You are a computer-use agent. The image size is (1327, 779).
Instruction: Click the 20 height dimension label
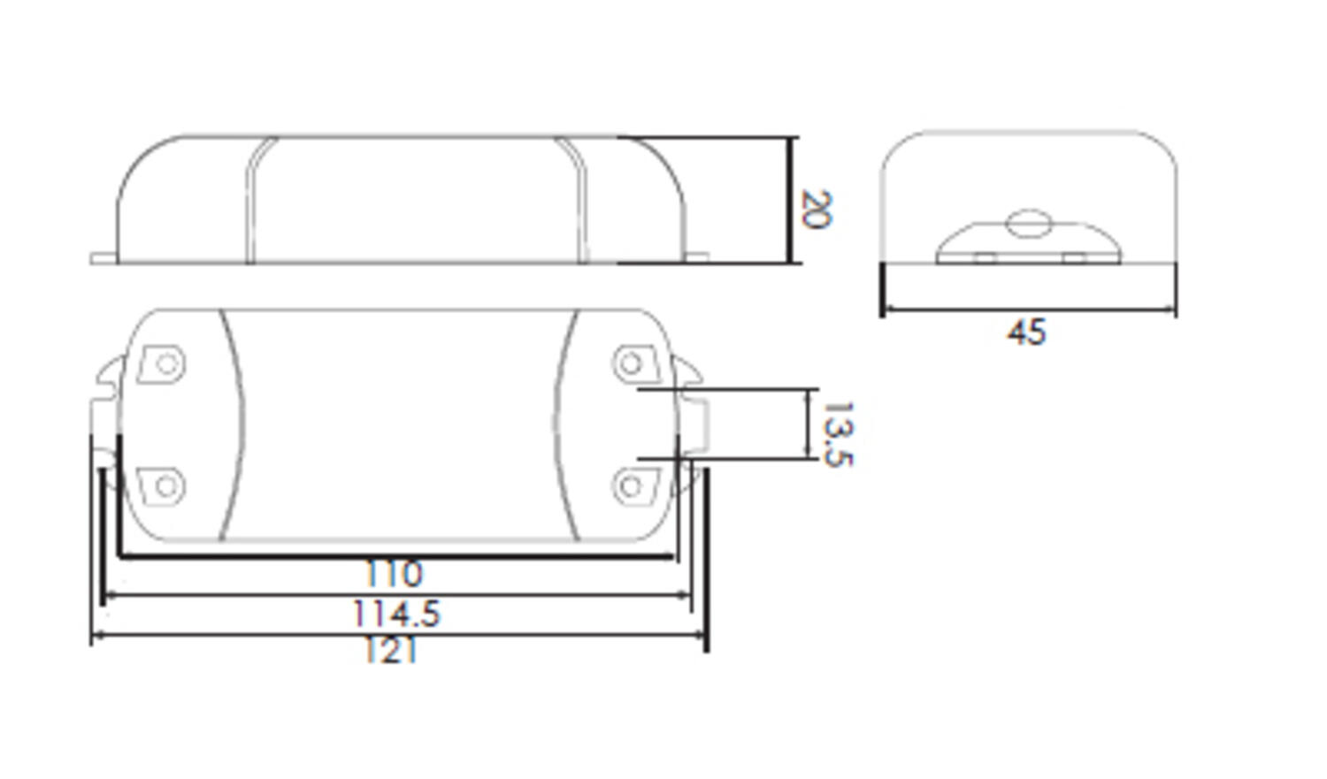[x=814, y=210]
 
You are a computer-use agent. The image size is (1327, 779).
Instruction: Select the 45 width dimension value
[x=1026, y=333]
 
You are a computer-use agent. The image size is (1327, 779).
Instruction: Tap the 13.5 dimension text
[x=836, y=433]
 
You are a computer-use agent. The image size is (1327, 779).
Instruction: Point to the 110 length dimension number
[x=395, y=575]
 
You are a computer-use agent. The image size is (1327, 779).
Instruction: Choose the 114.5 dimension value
[x=395, y=614]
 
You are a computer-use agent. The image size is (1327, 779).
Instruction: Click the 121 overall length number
[x=390, y=652]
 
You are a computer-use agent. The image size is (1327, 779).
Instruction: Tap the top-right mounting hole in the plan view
[x=631, y=363]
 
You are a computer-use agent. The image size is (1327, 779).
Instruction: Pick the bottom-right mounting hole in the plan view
[x=631, y=485]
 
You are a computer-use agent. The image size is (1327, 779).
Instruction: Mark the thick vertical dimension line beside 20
[x=788, y=200]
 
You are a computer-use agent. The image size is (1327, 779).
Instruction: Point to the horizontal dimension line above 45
[x=1029, y=309]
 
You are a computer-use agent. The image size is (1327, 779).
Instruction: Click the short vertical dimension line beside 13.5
[x=807, y=424]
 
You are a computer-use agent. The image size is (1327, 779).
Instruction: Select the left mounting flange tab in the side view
[x=104, y=258]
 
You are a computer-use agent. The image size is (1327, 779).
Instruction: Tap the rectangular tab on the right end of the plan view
[x=695, y=423]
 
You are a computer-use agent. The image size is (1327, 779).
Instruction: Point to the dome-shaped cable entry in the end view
[x=1028, y=244]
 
